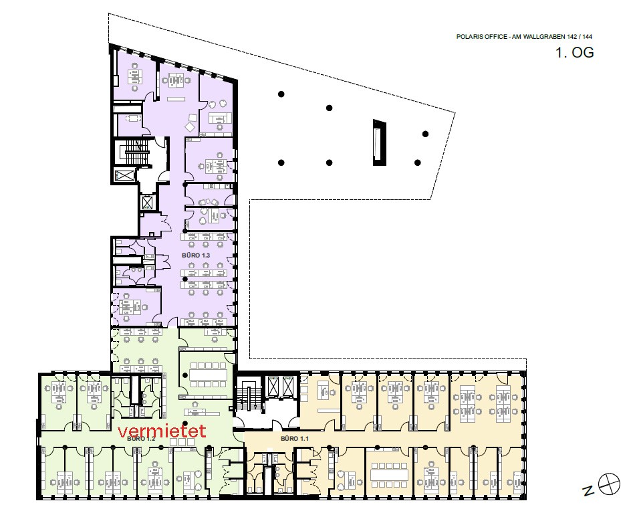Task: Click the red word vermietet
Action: point(162,431)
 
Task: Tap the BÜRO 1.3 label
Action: point(196,255)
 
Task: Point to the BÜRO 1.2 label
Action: point(141,439)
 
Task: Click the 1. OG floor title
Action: point(575,53)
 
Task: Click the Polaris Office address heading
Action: point(524,37)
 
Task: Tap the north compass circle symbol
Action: point(609,484)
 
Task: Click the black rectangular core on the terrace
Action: point(379,142)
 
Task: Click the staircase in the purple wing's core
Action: point(137,152)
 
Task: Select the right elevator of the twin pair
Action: point(288,386)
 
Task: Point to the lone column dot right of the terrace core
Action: point(425,134)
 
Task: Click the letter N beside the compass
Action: point(588,491)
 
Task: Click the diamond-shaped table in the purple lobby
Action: point(190,127)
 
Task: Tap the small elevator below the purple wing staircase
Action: point(146,202)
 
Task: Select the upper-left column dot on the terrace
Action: point(281,94)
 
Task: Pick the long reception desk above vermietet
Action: point(202,412)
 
